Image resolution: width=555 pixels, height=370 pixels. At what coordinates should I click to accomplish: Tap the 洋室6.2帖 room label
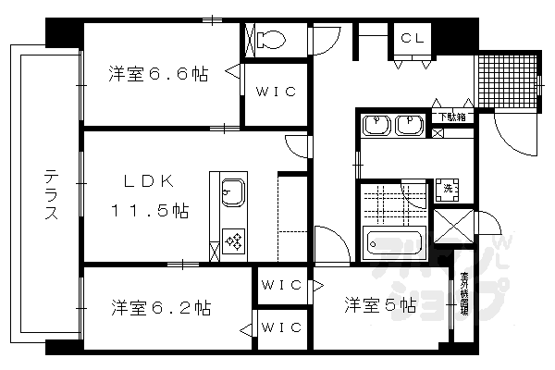(x=161, y=306)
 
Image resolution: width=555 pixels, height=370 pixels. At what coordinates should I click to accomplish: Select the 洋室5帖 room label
(x=380, y=304)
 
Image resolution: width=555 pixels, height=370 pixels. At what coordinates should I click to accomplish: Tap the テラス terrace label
(x=52, y=194)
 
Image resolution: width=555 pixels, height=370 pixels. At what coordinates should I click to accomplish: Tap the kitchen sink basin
(x=231, y=193)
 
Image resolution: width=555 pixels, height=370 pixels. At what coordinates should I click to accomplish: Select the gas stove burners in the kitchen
(x=233, y=243)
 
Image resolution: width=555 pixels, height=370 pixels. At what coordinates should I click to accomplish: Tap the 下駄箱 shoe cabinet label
(x=451, y=117)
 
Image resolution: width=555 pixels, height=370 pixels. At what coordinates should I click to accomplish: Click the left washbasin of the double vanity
(x=376, y=125)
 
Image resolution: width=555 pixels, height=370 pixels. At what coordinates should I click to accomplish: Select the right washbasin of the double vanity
(x=408, y=125)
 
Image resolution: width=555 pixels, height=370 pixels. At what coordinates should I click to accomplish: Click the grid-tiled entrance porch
(x=506, y=82)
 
